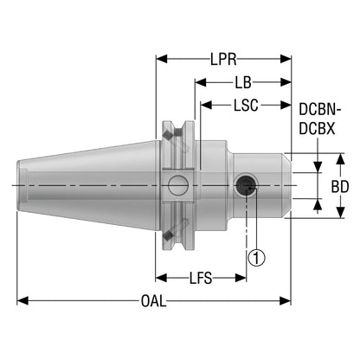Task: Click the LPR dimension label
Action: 223,59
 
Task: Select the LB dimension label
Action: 243,82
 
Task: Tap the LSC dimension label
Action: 246,106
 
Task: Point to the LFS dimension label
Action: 201,278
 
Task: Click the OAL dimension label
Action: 154,301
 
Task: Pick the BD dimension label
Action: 340,187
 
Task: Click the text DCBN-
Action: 320,110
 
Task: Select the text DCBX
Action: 317,129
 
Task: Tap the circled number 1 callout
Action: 256,258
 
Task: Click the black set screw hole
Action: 246,185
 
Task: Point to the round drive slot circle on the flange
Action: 178,185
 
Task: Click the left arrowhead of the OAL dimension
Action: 22,301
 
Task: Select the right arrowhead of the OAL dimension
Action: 285,301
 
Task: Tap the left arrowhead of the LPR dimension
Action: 162,59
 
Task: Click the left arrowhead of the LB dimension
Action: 201,82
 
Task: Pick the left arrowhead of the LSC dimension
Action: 206,106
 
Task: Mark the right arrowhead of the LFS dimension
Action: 241,278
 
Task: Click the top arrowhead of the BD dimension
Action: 341,159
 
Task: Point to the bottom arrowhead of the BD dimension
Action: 341,212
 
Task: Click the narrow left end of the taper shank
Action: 18,185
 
